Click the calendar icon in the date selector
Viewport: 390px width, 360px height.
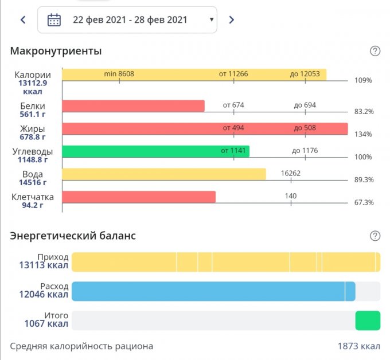coord(54,19)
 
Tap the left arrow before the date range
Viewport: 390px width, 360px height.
coord(23,19)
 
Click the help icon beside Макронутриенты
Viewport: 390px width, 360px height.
coord(375,51)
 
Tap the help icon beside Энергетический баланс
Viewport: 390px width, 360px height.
coord(375,236)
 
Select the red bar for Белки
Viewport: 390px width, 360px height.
coord(133,106)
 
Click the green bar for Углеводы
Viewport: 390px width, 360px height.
coord(155,151)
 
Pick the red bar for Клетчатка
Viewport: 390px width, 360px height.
coord(138,197)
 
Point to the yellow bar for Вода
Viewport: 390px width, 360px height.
coord(163,174)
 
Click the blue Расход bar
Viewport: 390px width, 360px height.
coord(213,291)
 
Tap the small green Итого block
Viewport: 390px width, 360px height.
coord(368,320)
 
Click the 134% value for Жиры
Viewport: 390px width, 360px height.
coord(363,134)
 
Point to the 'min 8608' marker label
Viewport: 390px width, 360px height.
coord(119,74)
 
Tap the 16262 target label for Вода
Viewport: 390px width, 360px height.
coord(291,173)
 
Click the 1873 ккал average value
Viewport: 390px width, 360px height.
coord(358,346)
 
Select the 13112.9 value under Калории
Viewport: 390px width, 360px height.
coord(33,83)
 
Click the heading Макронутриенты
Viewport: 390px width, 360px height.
coord(56,51)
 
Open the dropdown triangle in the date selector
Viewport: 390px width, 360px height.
coord(212,20)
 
